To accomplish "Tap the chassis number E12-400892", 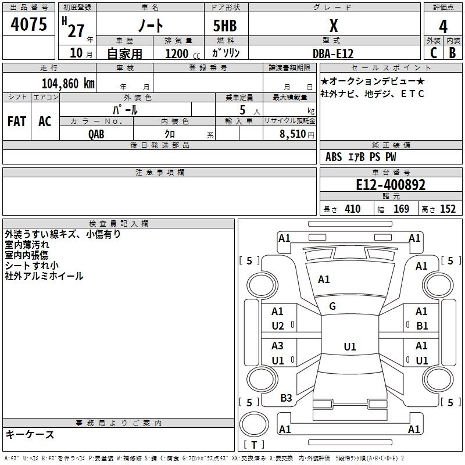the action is point(391,185).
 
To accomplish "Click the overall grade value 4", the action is point(443,27).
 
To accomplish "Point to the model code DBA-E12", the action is point(333,53).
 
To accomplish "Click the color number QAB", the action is point(97,134).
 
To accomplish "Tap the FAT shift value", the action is point(17,121).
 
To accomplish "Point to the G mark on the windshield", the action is point(332,306).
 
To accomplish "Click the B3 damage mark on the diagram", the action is point(286,398).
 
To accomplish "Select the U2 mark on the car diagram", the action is point(278,325).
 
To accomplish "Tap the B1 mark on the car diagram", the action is point(422,325).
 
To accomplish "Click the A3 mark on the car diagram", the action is point(278,346).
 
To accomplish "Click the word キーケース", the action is point(30,434).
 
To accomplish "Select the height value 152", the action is point(447,209).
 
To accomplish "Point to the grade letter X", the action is point(333,27).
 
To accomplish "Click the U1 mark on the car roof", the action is point(349,347).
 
